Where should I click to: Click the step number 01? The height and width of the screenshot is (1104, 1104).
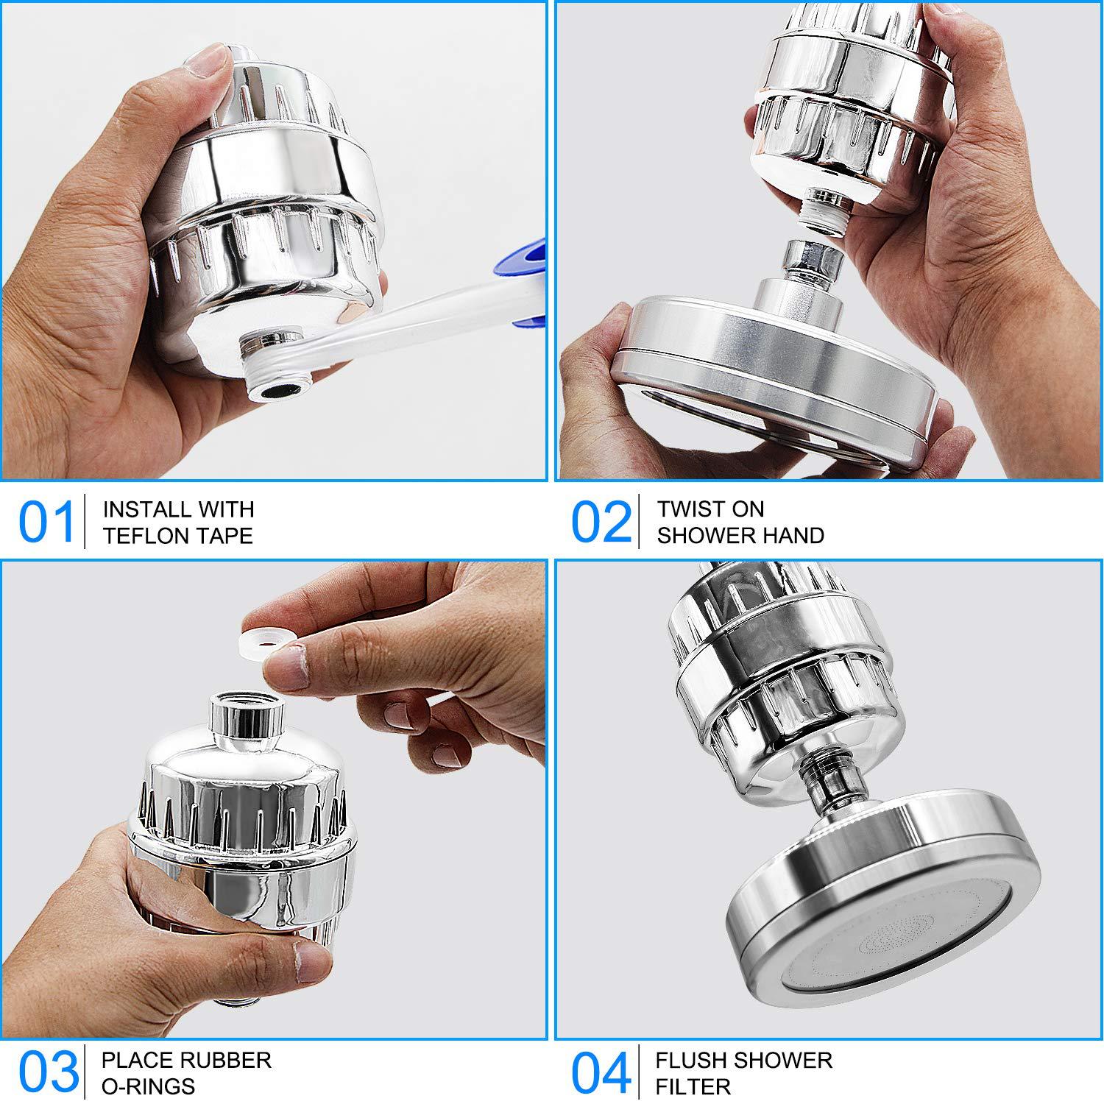click(x=47, y=522)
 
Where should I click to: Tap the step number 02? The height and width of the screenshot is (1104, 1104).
click(x=601, y=522)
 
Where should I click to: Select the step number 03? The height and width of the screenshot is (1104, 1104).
click(x=48, y=1072)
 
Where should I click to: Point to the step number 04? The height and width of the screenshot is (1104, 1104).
click(x=601, y=1072)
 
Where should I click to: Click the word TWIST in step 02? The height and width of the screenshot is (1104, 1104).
click(x=690, y=509)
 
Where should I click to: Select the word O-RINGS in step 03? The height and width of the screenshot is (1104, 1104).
click(x=148, y=1086)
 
